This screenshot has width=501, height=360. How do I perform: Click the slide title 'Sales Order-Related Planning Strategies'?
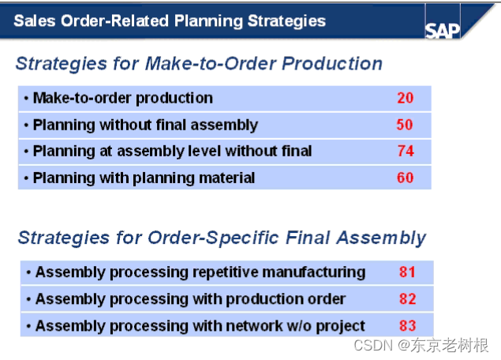(169, 21)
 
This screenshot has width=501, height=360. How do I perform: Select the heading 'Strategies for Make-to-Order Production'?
(199, 64)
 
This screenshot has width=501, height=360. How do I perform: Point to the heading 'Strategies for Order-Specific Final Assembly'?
(222, 238)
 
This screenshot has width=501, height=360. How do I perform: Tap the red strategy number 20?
(405, 99)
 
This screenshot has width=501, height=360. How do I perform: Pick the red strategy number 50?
(405, 125)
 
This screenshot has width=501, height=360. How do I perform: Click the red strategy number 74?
(405, 151)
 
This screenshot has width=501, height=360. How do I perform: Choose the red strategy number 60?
(405, 178)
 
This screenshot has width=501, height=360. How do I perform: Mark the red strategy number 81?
(407, 272)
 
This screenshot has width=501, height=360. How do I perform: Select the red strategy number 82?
(407, 298)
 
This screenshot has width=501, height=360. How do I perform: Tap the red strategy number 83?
(407, 325)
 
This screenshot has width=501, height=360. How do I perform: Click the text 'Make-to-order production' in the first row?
(122, 99)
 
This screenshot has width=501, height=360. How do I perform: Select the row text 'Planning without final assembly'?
(145, 125)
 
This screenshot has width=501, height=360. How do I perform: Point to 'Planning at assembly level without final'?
(172, 151)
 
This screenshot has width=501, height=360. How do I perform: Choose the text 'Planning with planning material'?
(144, 178)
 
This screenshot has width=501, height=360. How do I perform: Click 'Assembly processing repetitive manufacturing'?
(200, 272)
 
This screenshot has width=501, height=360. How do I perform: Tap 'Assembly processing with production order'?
(190, 298)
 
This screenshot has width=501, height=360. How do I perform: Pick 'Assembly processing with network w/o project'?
(200, 325)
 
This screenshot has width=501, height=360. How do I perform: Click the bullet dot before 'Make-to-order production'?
(26, 99)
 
